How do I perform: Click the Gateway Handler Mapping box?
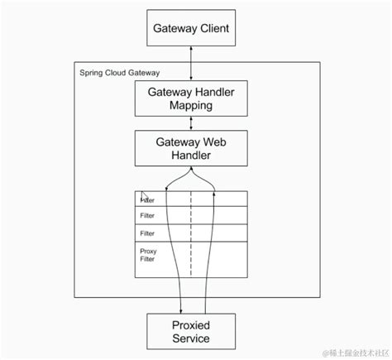[191, 99]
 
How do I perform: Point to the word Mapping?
[191, 107]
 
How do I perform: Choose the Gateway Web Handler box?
[191, 148]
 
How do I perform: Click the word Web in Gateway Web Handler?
[213, 142]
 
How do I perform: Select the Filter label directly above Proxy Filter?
[147, 233]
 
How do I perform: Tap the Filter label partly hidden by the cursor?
[148, 200]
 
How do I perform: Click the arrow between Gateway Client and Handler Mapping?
[191, 64]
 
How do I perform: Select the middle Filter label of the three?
[147, 216]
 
